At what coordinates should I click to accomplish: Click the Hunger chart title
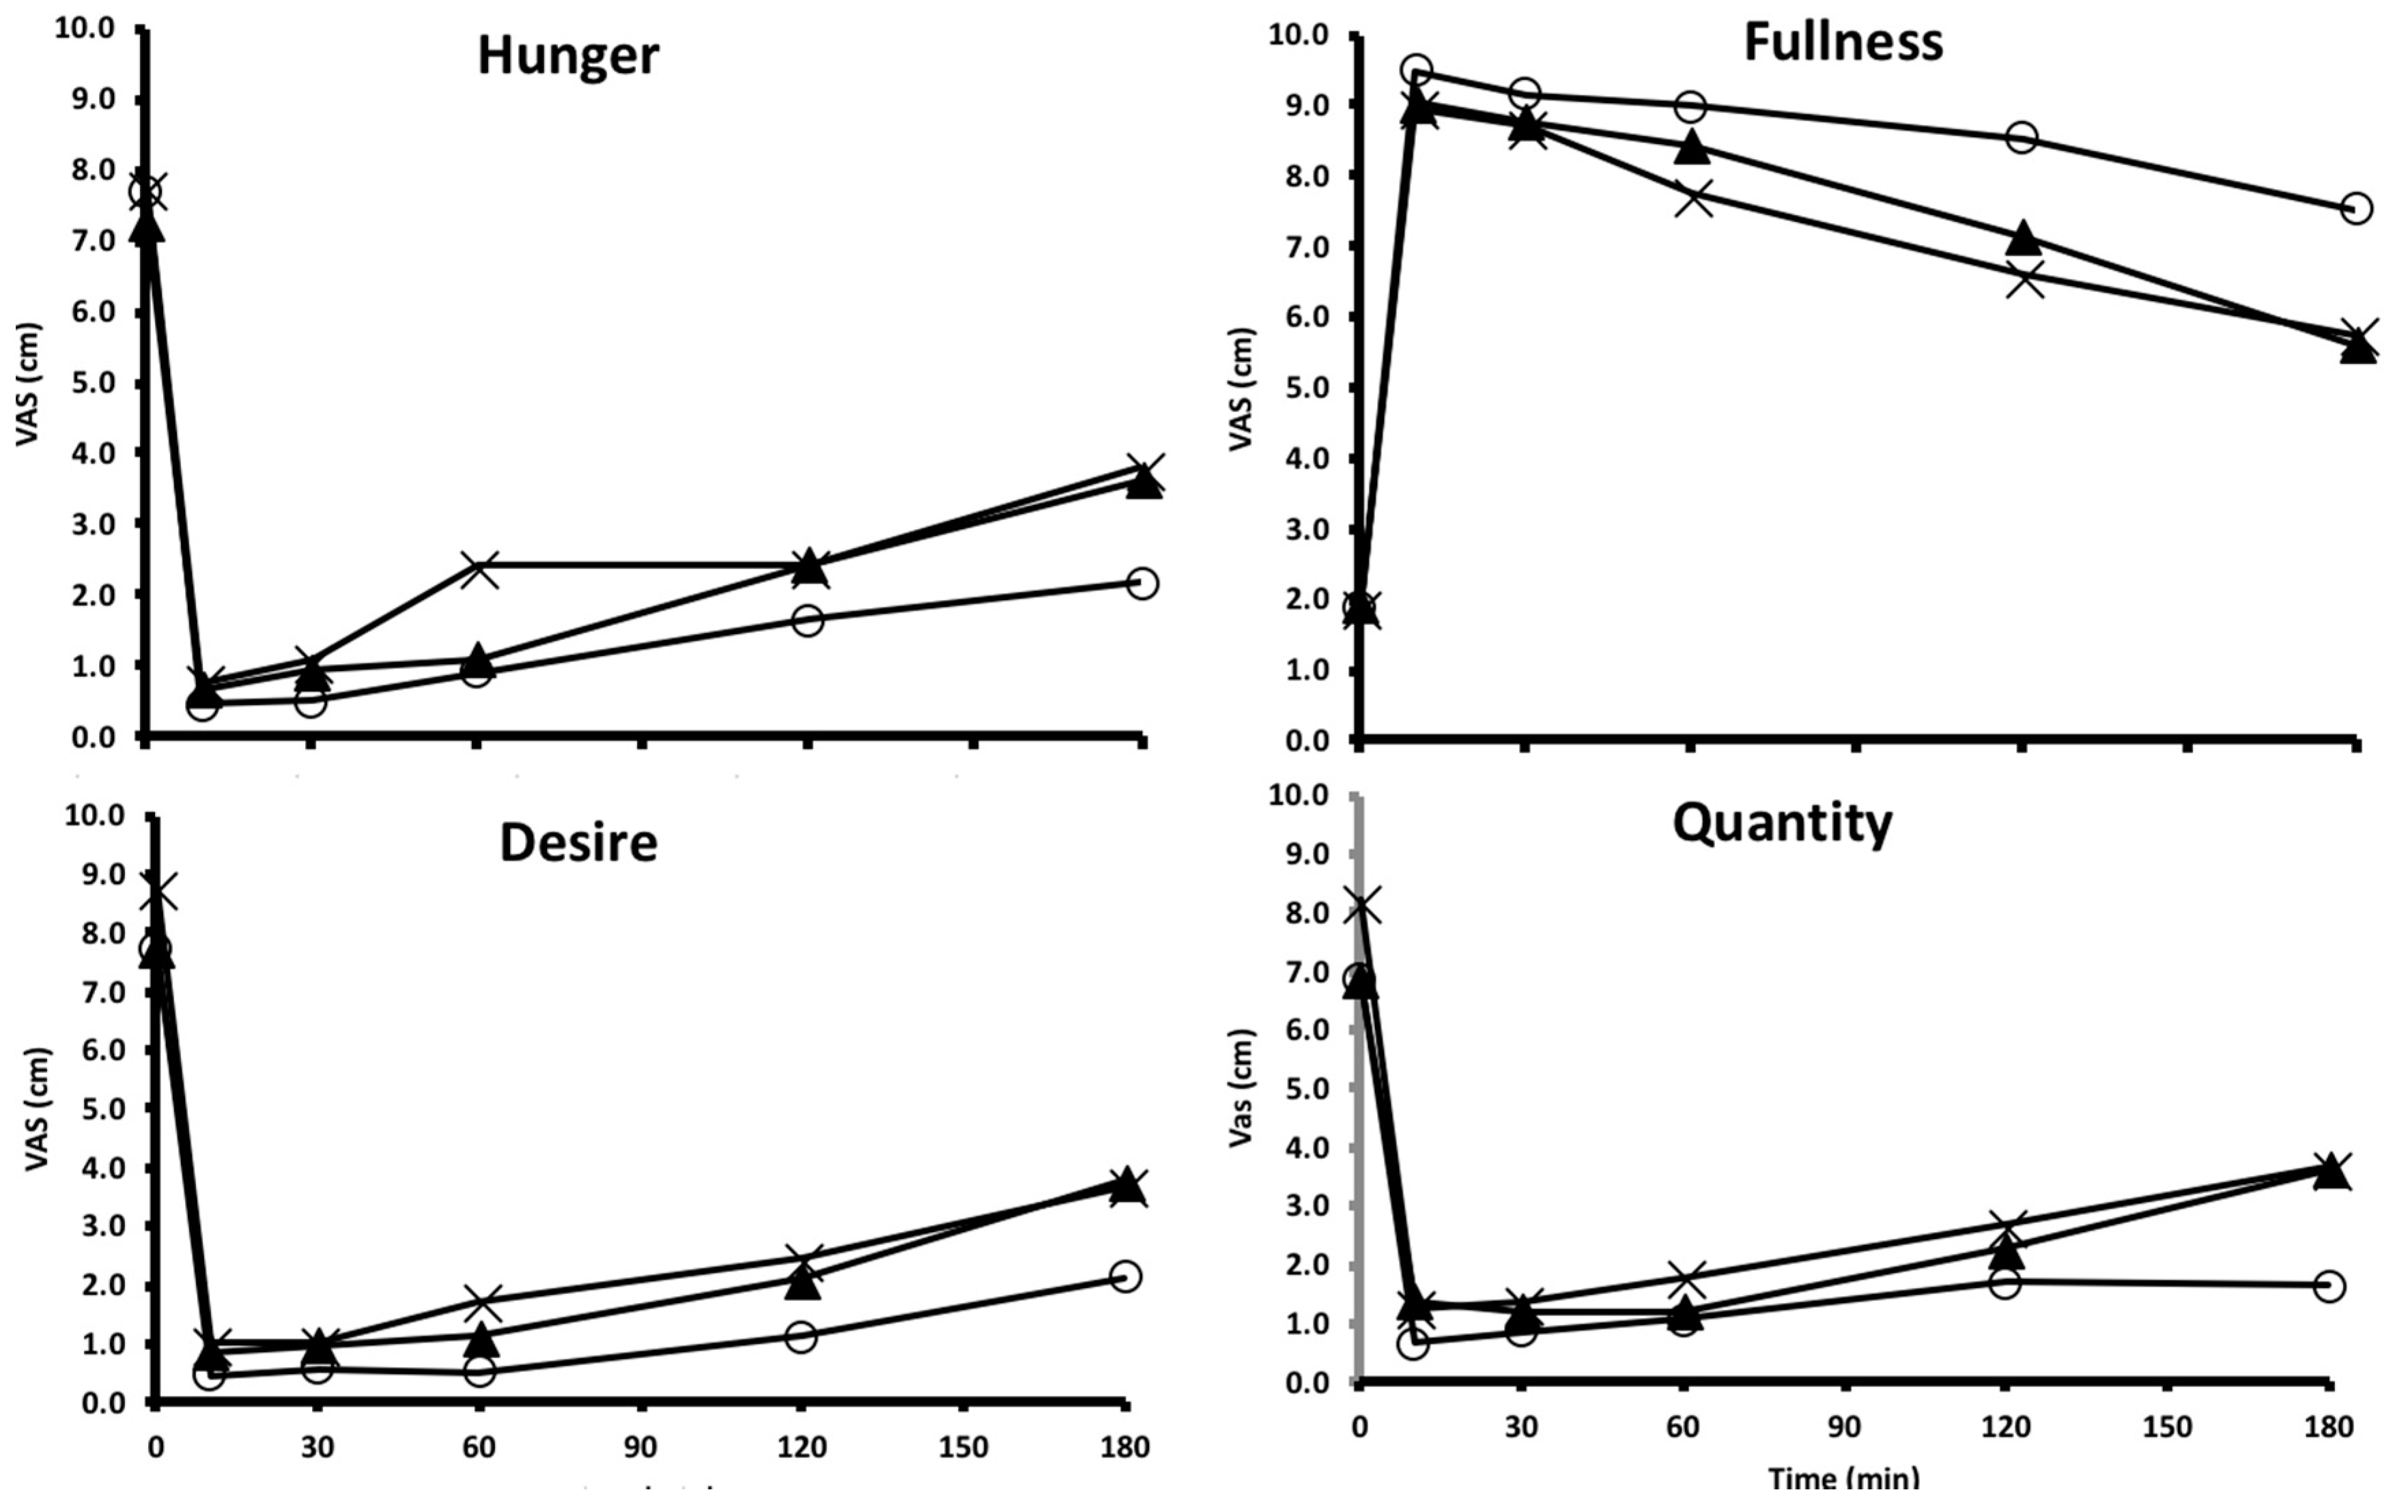coord(567,56)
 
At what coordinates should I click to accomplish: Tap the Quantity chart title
coord(1783,823)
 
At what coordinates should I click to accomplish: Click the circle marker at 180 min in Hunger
coord(1142,582)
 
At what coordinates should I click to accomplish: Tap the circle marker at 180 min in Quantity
coord(2328,1287)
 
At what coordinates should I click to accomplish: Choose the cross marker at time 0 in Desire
coord(157,891)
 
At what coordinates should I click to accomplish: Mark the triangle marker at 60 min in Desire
coord(481,1340)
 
